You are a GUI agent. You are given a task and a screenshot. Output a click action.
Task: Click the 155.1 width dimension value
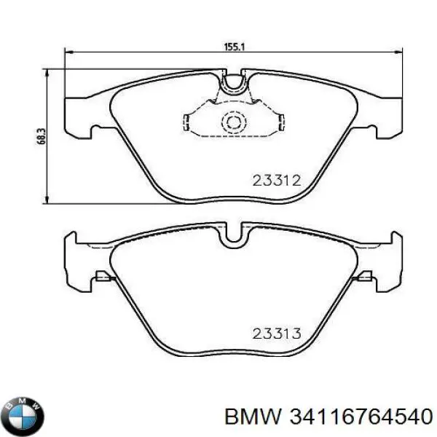coord(234,46)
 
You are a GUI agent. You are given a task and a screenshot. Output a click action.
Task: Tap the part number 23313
coord(276,334)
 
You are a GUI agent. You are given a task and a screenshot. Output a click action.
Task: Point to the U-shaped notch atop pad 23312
coord(234,82)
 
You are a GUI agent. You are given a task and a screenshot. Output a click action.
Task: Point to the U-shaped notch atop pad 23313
coord(234,236)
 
